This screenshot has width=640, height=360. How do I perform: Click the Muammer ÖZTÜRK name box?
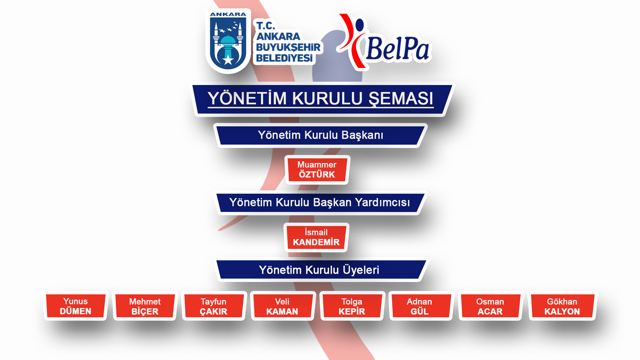317,170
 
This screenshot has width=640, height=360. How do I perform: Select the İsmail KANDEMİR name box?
316,237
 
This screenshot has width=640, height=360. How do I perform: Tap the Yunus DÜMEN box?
76,306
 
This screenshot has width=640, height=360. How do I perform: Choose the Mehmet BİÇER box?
145,306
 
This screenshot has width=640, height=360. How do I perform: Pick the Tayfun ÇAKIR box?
214,306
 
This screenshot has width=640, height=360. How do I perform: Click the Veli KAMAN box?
282,306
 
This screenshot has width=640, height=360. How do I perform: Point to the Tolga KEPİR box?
352,306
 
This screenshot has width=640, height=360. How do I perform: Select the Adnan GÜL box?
420,306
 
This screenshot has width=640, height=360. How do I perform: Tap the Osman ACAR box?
490,306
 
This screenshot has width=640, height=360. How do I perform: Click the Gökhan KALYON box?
562,306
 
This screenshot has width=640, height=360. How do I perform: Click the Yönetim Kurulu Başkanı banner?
320,135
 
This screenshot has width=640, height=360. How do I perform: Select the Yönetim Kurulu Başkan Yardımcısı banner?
320,203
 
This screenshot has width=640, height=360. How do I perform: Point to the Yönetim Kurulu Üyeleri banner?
319,270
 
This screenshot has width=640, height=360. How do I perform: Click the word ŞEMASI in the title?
401,99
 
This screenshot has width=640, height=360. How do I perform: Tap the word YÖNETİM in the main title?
247,99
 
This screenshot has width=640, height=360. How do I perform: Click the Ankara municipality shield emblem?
228,41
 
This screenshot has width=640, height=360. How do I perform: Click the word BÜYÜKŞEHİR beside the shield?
288,47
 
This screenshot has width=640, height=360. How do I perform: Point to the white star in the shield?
228,60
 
